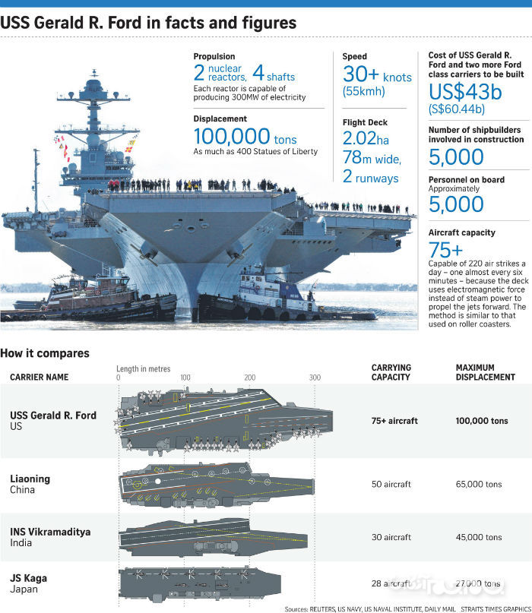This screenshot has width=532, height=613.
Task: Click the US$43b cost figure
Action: point(465,92)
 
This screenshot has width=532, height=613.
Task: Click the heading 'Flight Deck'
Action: point(365,122)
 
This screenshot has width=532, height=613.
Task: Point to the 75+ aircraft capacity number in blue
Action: point(445,250)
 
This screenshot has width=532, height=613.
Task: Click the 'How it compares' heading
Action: point(45,353)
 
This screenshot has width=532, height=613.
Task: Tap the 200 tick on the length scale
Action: point(250,378)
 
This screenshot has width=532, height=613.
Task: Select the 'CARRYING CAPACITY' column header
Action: point(391,372)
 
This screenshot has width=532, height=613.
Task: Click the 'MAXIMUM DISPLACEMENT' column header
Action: point(485,372)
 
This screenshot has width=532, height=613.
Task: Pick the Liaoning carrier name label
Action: point(30,479)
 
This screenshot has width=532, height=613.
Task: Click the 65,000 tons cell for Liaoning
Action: point(479,484)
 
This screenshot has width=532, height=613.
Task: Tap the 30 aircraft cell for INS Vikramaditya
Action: point(391,537)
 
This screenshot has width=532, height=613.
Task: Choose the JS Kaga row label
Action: point(28,578)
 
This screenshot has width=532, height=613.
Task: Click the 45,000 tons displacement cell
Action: point(479,537)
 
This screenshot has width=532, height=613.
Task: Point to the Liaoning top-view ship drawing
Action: point(217,483)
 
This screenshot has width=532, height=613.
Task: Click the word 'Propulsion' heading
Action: point(214,56)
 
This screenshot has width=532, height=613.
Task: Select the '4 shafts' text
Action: point(274,74)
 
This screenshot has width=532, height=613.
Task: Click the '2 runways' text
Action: point(370,179)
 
